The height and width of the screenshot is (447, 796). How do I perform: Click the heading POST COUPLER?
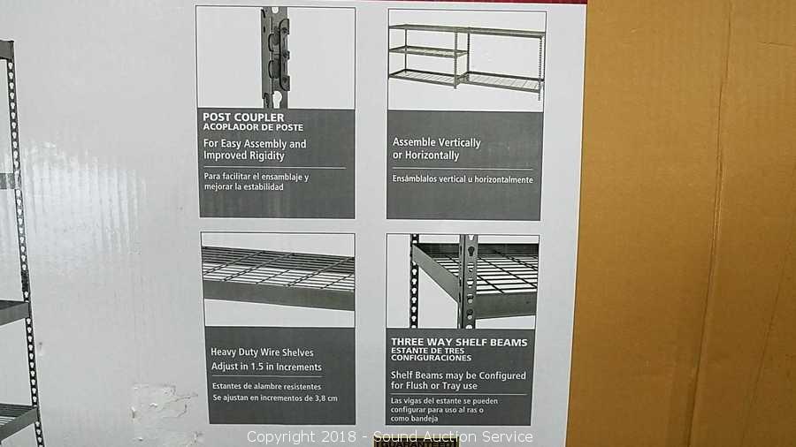(x=243, y=117)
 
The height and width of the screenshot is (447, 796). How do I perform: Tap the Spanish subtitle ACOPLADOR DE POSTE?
(x=253, y=127)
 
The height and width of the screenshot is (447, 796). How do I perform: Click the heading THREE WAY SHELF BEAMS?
(x=459, y=343)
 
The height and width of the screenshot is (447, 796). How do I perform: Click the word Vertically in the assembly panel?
(x=458, y=143)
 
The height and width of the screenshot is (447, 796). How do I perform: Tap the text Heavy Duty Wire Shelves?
(x=262, y=352)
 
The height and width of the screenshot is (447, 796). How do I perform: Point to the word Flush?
(x=417, y=386)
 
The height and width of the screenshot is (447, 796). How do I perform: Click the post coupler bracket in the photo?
(x=276, y=56)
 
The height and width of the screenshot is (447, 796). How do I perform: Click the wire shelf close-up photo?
(x=278, y=280)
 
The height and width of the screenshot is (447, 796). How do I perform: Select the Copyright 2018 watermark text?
(x=302, y=436)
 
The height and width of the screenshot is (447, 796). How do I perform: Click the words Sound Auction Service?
(x=454, y=436)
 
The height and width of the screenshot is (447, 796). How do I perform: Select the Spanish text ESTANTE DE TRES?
(x=427, y=351)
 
